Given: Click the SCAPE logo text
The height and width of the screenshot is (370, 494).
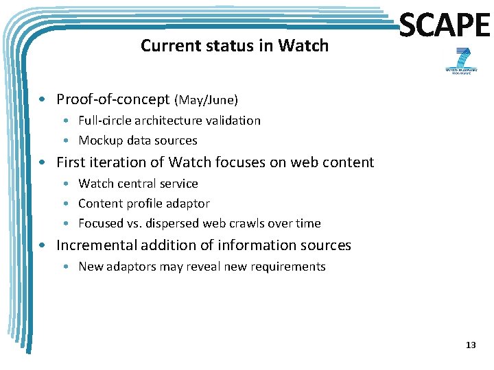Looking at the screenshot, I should pos(444,25).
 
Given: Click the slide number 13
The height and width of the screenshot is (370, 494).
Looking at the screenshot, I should pos(470,345).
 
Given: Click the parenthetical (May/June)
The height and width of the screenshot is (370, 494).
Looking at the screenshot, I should pos(207,101).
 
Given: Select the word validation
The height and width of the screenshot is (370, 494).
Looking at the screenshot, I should pos(232,121).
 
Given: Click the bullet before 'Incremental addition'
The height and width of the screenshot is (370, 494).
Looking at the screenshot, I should pos(43,246).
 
